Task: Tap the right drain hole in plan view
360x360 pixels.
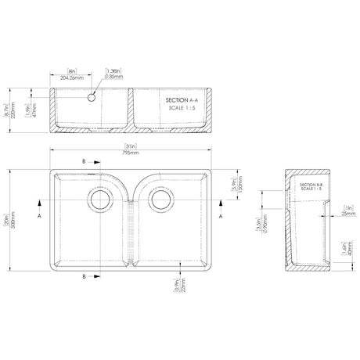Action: point(161,200)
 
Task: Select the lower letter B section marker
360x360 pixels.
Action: point(84,276)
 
